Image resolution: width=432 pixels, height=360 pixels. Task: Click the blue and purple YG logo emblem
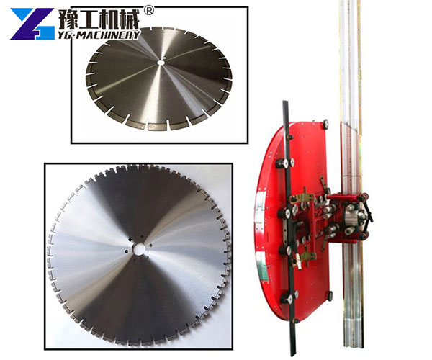click(x=32, y=24)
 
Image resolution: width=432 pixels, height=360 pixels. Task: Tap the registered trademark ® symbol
click(x=149, y=11)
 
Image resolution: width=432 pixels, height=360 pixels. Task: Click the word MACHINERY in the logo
click(x=105, y=35)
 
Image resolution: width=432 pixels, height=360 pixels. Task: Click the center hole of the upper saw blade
click(x=160, y=63)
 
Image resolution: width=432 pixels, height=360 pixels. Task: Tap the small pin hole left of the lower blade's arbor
click(x=127, y=251)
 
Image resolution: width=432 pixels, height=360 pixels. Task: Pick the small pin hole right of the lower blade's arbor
click(x=150, y=246)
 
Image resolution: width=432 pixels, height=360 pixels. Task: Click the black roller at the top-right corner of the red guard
click(x=326, y=123)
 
